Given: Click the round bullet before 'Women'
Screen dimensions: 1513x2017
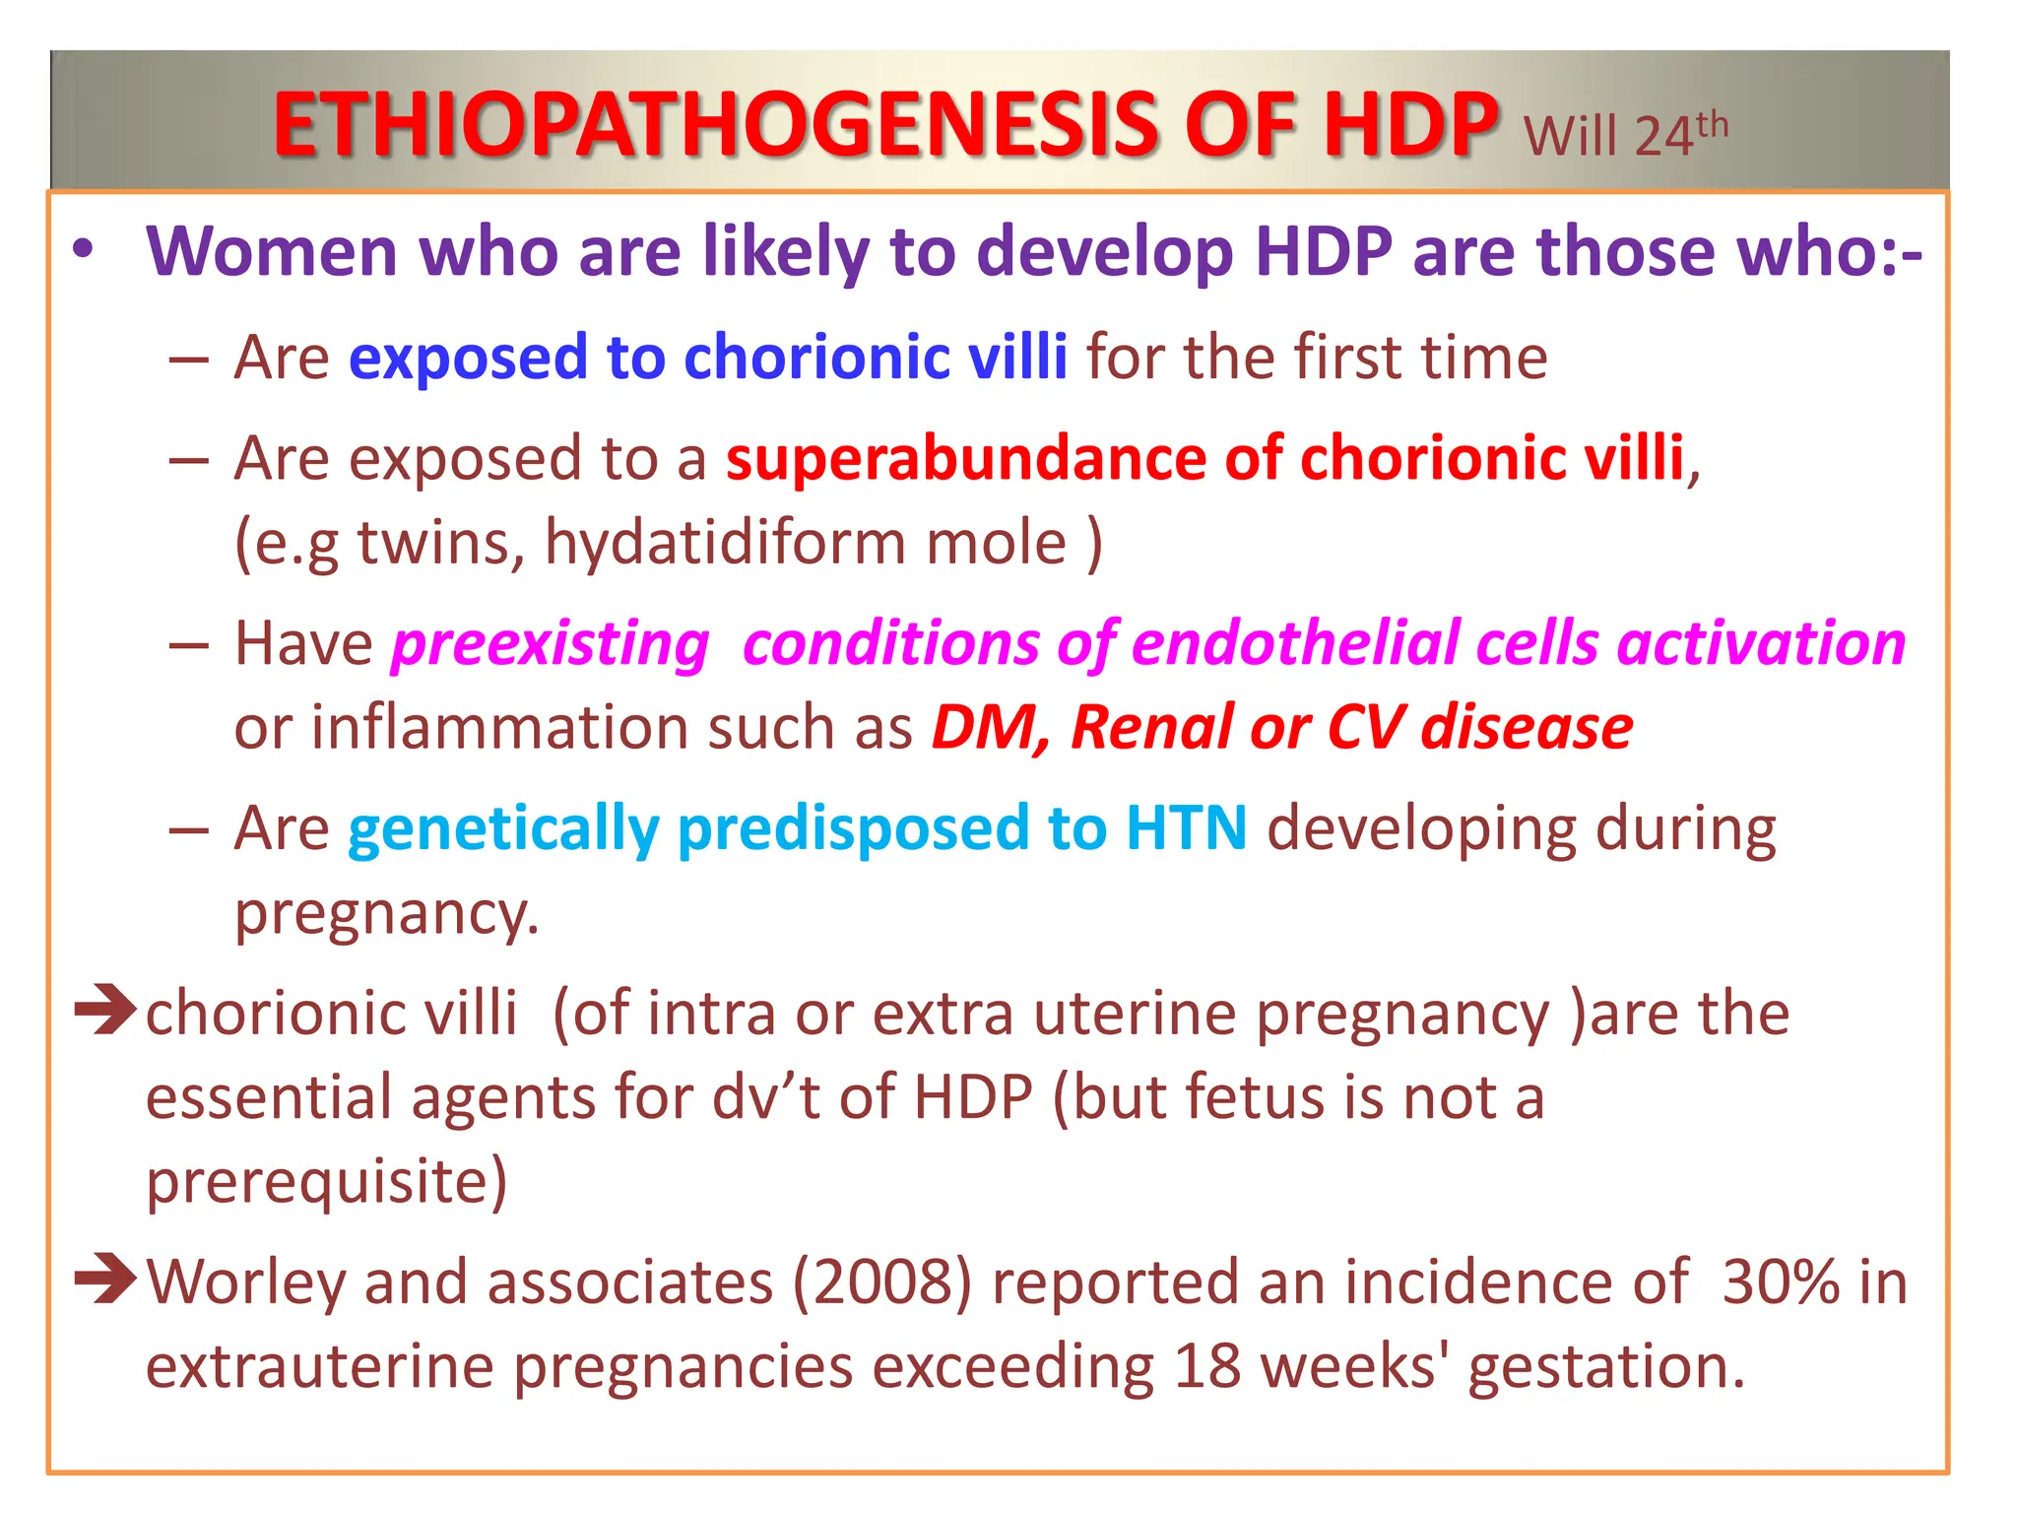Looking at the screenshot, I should point(85,250).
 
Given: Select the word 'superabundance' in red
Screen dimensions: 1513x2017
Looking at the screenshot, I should point(965,459).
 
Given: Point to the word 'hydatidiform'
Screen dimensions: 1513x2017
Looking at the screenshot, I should point(724,543).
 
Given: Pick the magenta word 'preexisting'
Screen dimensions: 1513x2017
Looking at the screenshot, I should point(551,644).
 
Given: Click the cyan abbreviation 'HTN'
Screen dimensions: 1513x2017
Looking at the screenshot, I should point(1187,827).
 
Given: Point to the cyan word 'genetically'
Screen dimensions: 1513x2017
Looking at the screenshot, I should point(503,829).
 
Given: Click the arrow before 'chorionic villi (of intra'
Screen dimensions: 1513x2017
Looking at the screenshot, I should point(105,1011).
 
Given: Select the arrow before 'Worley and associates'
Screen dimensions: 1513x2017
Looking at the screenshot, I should point(105,1279).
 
